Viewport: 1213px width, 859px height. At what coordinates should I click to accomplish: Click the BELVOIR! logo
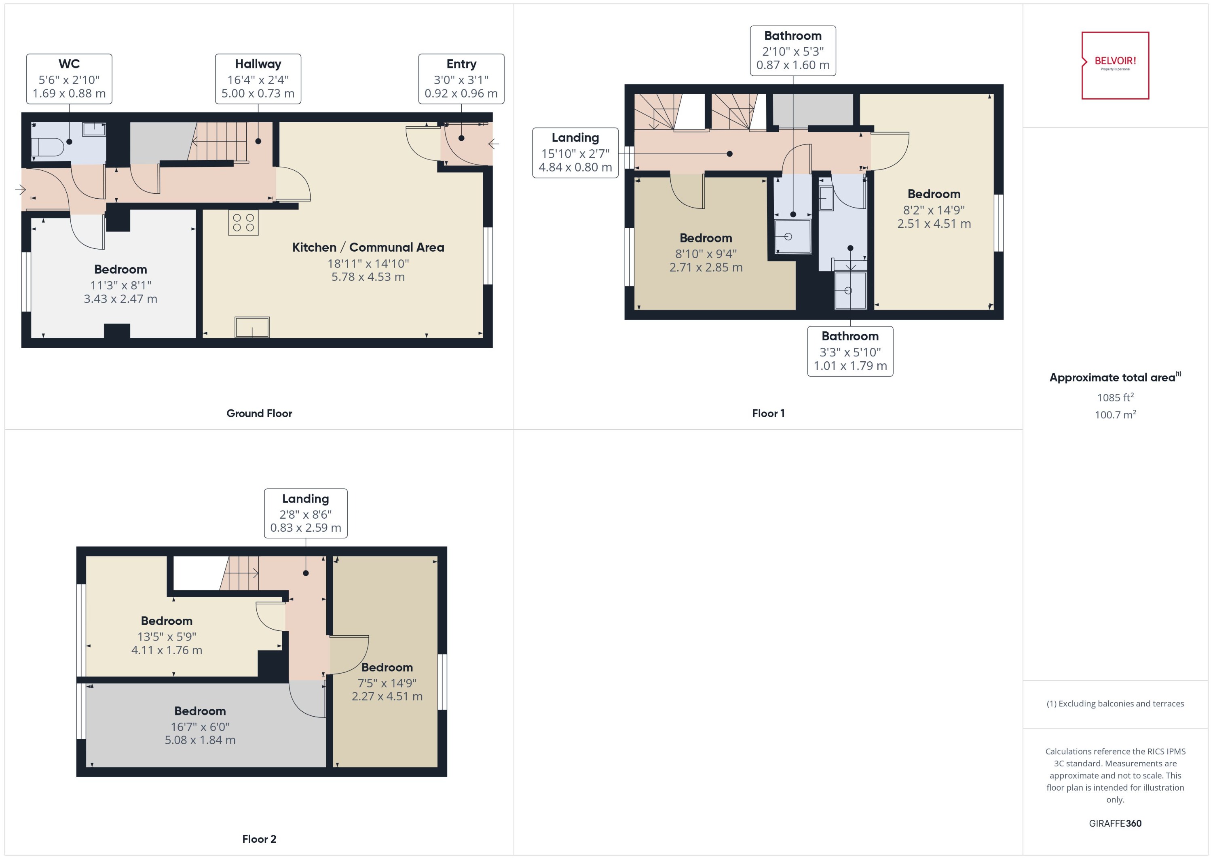(1115, 65)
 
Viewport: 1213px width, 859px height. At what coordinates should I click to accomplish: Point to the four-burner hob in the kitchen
(243, 223)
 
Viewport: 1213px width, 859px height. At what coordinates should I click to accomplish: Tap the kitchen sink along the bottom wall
(252, 327)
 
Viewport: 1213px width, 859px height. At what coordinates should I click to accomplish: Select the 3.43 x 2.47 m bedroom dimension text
(120, 299)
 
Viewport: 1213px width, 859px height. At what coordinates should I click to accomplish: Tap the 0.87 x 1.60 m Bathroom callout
(793, 51)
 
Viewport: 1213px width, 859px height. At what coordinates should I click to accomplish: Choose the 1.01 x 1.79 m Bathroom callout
(850, 351)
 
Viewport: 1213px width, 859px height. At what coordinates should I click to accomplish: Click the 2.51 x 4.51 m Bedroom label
(934, 209)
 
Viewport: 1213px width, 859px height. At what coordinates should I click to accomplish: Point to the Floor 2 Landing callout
(306, 513)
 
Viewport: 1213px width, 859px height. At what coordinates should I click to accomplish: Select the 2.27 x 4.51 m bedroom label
(387, 682)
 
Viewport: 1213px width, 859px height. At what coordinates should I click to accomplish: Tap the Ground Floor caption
(259, 413)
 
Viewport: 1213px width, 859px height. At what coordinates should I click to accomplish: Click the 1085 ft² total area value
(1115, 397)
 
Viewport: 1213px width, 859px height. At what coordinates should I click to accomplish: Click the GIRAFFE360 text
(1115, 823)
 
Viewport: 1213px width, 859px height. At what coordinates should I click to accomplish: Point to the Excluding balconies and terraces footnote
(1115, 704)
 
